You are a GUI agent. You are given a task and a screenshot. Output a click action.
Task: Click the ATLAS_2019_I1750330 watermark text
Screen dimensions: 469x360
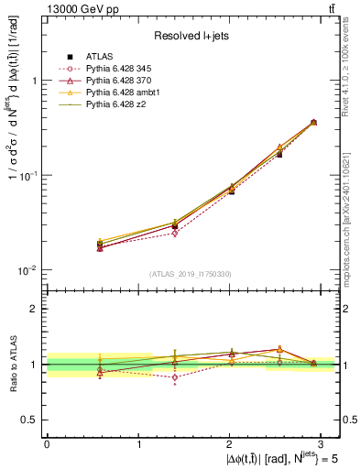pos(191,274)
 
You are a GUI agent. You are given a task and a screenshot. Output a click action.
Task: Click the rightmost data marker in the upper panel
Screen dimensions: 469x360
pos(313,122)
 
